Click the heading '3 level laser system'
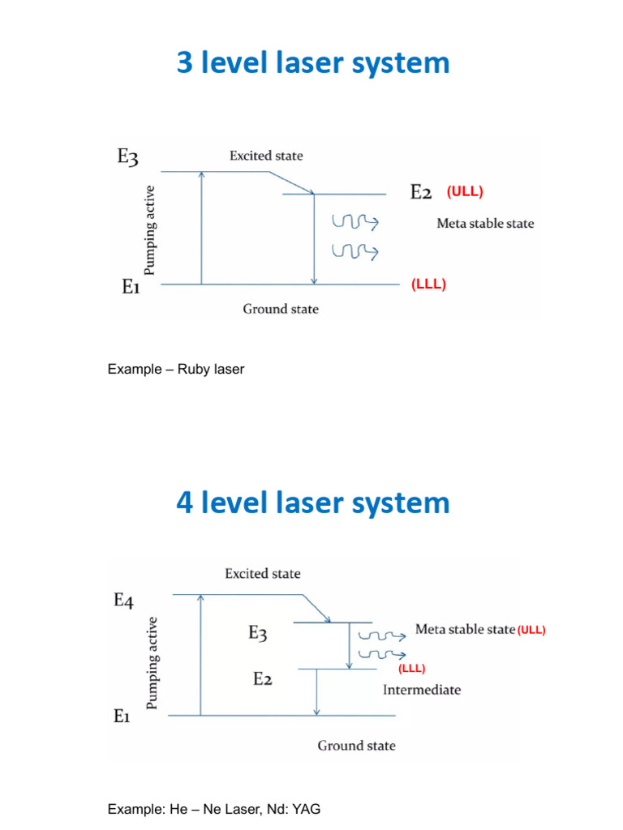point(312,63)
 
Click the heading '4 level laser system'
point(312,503)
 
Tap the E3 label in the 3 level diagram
point(127,157)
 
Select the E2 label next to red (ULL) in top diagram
point(420,192)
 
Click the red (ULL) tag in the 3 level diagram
point(465,192)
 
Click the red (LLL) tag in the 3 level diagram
point(429,285)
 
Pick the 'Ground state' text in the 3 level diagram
point(281,309)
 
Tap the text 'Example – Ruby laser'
point(176,370)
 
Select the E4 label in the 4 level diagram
point(123,601)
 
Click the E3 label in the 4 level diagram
point(257,634)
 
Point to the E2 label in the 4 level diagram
point(261,679)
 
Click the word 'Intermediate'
point(421,690)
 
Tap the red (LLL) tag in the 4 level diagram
point(411,669)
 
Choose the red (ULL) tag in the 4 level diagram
point(531,630)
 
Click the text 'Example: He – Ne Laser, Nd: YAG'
point(219,809)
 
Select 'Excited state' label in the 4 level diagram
point(262,574)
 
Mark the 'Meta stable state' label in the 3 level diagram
point(485,223)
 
